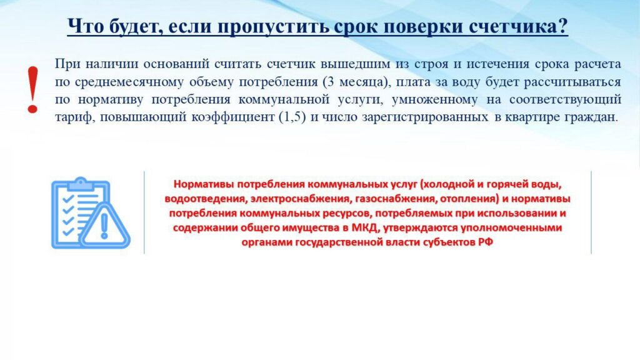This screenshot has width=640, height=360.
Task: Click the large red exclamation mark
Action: [x=32, y=90]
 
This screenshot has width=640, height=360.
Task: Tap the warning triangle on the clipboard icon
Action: [x=104, y=226]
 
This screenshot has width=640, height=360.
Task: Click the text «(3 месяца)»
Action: [x=356, y=82]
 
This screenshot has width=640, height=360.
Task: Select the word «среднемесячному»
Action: [x=129, y=82]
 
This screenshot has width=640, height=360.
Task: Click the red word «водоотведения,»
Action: [x=206, y=199]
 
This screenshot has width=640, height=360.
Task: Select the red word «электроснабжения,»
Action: [x=301, y=199]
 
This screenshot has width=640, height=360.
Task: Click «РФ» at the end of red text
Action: [x=486, y=242]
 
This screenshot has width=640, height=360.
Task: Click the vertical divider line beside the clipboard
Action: [x=144, y=212]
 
